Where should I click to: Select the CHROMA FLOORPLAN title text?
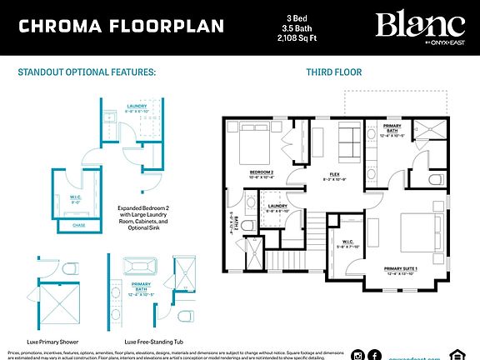(122, 26)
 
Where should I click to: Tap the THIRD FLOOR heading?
(334, 72)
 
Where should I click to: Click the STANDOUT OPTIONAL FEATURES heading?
(87, 72)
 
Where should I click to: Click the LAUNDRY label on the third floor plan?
(278, 207)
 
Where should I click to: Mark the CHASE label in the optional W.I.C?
(79, 225)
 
